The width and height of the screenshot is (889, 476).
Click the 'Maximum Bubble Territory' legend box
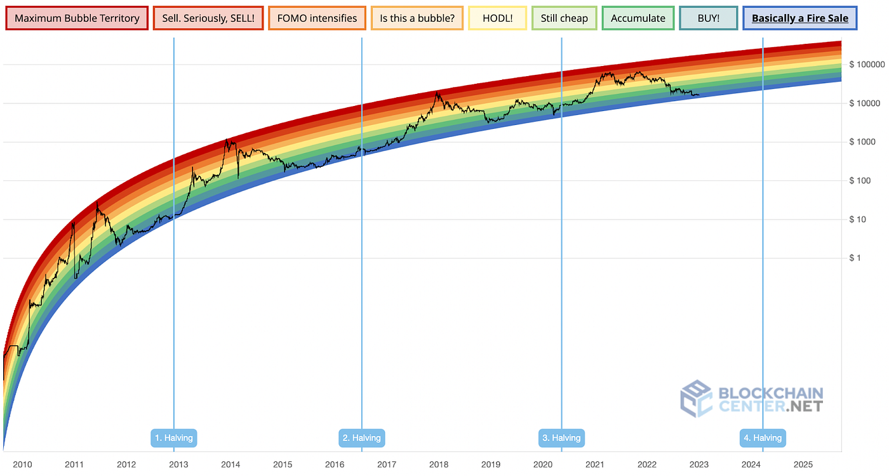click(x=77, y=18)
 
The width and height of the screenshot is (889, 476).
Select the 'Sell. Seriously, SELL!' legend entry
click(x=208, y=18)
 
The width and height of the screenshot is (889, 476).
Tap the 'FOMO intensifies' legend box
click(x=317, y=18)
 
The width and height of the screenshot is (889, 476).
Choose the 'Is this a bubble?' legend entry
click(x=417, y=18)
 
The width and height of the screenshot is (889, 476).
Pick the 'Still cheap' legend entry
click(x=565, y=18)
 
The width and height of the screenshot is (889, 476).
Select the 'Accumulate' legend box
click(x=638, y=18)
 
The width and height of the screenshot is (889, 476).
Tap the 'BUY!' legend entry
click(x=708, y=18)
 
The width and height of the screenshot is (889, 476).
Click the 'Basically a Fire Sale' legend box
click(x=799, y=18)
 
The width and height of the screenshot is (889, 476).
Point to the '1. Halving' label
click(x=174, y=438)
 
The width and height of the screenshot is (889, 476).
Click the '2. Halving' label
click(x=362, y=438)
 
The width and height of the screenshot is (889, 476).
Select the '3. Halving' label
click(x=561, y=438)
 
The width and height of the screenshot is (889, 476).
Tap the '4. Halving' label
click(x=763, y=438)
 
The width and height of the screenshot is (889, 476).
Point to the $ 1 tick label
click(x=855, y=258)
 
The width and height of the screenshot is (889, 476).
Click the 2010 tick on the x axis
click(x=22, y=465)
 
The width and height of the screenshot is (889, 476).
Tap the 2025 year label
click(x=803, y=465)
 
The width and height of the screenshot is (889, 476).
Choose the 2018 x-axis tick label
click(x=439, y=465)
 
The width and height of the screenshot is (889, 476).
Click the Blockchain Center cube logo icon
click(x=696, y=399)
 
